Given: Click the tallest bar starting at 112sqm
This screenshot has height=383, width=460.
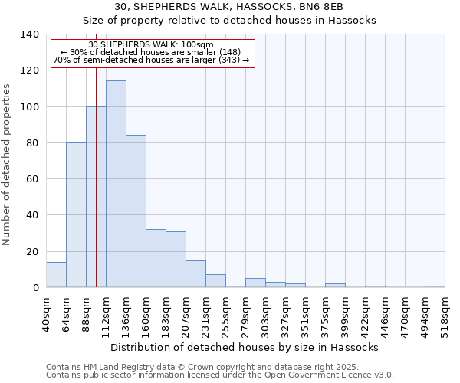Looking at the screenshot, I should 116,184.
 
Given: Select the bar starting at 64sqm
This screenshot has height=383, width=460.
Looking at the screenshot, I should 76,214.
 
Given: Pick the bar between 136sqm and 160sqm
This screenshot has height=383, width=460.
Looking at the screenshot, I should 136,211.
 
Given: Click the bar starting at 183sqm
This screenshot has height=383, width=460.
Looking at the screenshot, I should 176,259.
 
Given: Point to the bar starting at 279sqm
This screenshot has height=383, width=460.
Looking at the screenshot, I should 255,283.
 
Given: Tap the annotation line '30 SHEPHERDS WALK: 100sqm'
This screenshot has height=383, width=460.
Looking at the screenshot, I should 151,45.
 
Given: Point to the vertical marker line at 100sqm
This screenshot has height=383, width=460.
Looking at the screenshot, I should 96,191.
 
